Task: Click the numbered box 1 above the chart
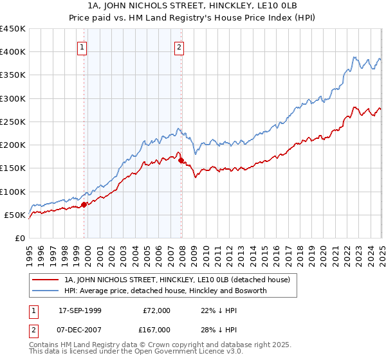[x=83, y=46]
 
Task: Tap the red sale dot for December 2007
[x=181, y=160]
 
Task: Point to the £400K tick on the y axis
[x=14, y=52]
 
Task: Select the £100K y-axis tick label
[x=14, y=192]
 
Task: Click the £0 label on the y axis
[x=19, y=238]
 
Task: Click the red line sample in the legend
[x=46, y=280]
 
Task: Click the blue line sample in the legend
[x=46, y=291]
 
